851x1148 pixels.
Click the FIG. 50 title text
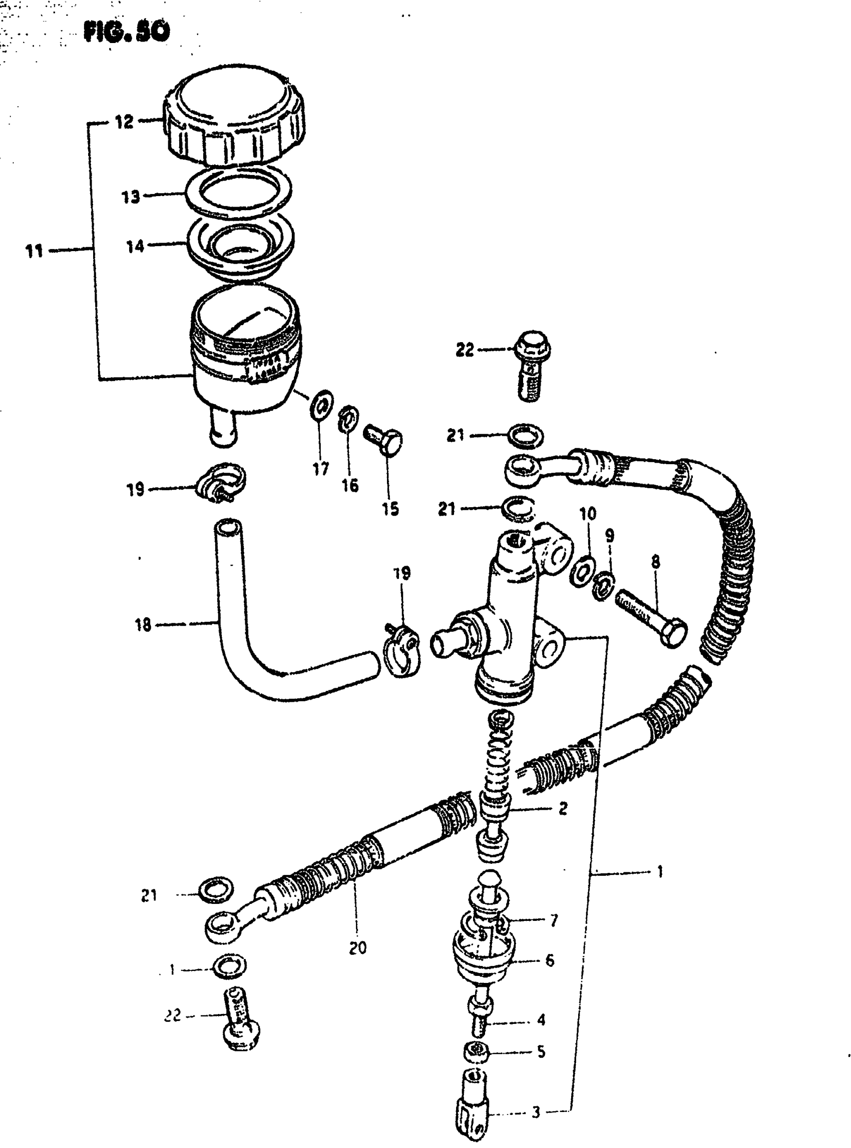(x=126, y=33)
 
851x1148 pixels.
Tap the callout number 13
(x=131, y=197)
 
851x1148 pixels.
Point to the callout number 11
(x=34, y=251)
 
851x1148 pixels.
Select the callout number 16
(x=350, y=484)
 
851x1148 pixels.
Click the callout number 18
(x=143, y=625)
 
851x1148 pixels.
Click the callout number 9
(x=609, y=535)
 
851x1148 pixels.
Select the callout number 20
(x=357, y=948)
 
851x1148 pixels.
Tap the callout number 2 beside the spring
(x=563, y=808)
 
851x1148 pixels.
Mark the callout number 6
(x=550, y=960)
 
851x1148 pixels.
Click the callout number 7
(x=554, y=920)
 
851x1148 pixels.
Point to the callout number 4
(x=541, y=1019)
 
